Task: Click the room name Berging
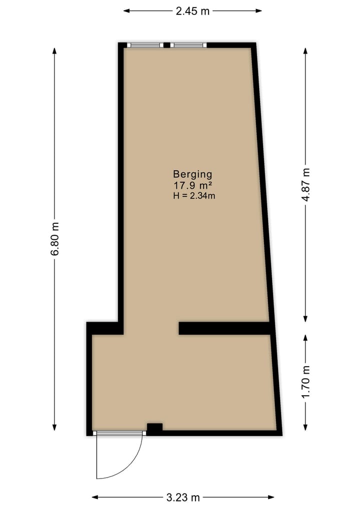[x=192, y=174]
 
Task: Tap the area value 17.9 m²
[x=192, y=185]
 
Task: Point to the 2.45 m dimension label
[x=192, y=10]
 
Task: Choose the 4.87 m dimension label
[x=306, y=184]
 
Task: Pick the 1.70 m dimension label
[x=306, y=382]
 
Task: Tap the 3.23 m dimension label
[x=183, y=497]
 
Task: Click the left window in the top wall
[x=145, y=45]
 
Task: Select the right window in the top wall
[x=188, y=45]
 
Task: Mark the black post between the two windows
[x=166, y=45]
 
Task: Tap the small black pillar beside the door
[x=154, y=428]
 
